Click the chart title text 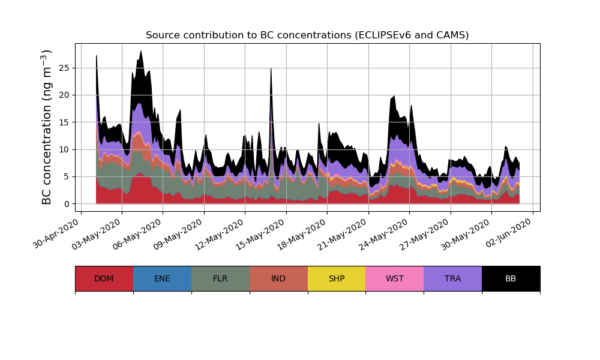307,35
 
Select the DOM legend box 104,278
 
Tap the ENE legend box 162,278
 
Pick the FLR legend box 220,278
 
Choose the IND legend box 278,278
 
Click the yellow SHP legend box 337,278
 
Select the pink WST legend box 394,278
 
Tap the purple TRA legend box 452,278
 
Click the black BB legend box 511,278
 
